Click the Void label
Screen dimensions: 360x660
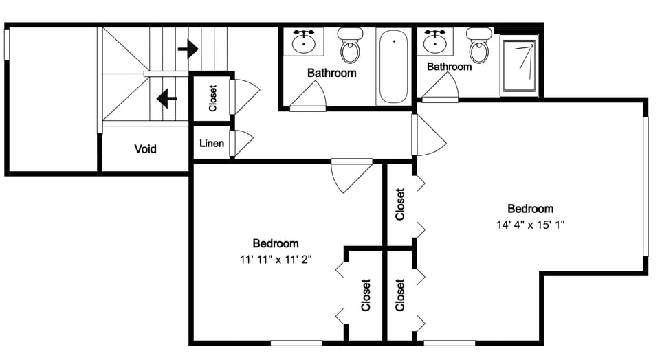(145, 148)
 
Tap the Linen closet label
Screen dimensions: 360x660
(211, 144)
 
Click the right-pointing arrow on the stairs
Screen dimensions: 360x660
(188, 49)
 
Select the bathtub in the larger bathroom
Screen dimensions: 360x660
(393, 66)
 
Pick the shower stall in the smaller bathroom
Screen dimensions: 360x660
(520, 65)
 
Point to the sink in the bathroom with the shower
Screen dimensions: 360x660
(436, 43)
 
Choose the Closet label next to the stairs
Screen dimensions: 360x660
(212, 98)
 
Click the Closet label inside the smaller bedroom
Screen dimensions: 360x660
(366, 295)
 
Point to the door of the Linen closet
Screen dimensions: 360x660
(241, 143)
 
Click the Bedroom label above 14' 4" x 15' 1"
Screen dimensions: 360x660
(530, 209)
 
